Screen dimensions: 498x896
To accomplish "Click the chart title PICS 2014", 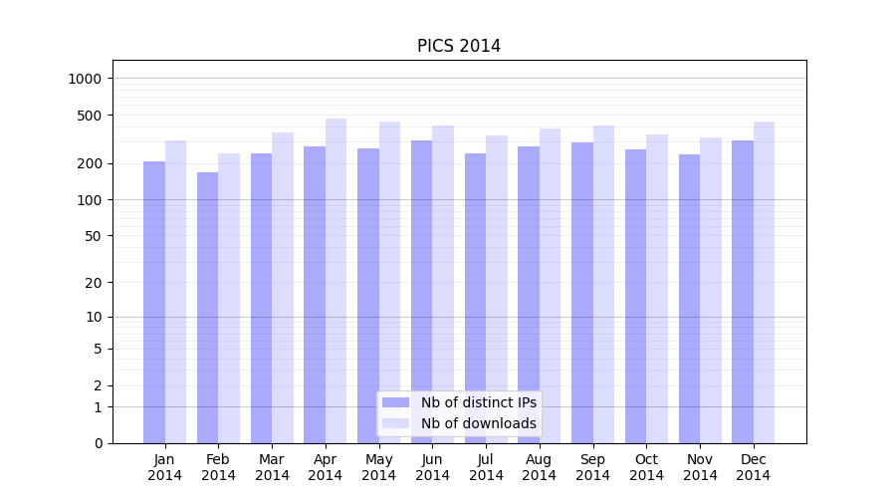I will click(x=459, y=46).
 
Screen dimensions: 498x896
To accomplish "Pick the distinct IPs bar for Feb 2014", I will click(x=207, y=308).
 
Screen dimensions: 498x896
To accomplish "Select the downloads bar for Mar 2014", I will click(x=283, y=288).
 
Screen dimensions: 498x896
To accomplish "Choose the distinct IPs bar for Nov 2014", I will click(x=689, y=299).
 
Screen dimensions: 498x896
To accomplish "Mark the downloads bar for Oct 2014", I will click(x=657, y=289).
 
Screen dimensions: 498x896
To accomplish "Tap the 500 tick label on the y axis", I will click(x=91, y=116).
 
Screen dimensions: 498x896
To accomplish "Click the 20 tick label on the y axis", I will click(x=95, y=283).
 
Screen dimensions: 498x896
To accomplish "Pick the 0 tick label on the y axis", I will click(x=99, y=443).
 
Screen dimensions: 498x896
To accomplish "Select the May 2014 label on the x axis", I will click(x=379, y=467).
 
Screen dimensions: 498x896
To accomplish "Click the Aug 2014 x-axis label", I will click(x=540, y=467).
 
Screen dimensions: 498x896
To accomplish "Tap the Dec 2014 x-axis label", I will click(x=754, y=467).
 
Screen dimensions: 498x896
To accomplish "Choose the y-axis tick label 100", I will click(x=91, y=200).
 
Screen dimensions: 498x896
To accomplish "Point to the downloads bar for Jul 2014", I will click(x=497, y=289).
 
